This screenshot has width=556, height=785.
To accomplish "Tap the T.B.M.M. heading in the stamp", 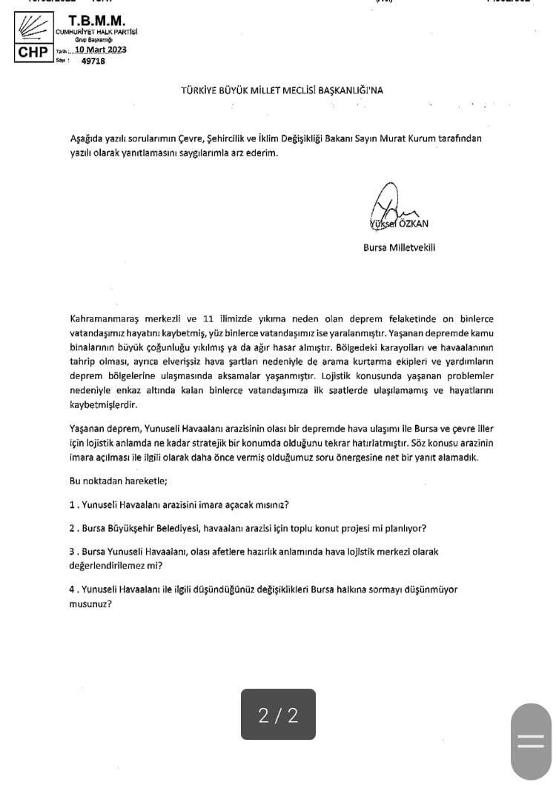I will tap(96, 21).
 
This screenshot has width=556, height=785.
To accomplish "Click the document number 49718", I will tap(93, 61).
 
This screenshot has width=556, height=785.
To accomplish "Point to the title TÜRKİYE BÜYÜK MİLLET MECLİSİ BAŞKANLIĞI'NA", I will tap(282, 90).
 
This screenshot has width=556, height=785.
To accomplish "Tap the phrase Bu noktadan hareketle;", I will tap(118, 481).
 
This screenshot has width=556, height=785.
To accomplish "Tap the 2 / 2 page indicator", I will tap(278, 715).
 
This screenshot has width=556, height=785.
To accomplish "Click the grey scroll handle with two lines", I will tap(531, 741).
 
